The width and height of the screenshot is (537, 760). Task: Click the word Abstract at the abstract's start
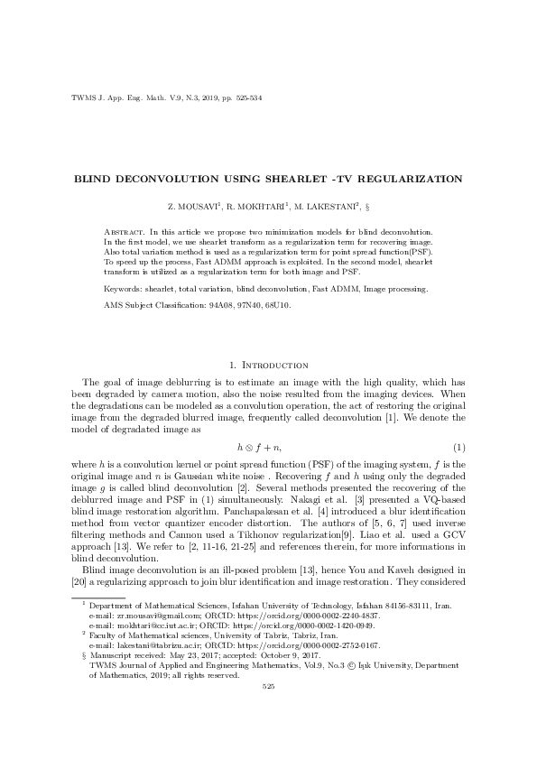pyautogui.click(x=122, y=234)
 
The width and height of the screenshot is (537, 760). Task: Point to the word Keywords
pyautogui.click(x=122, y=289)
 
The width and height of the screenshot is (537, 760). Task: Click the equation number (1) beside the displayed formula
pyautogui.click(x=458, y=447)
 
